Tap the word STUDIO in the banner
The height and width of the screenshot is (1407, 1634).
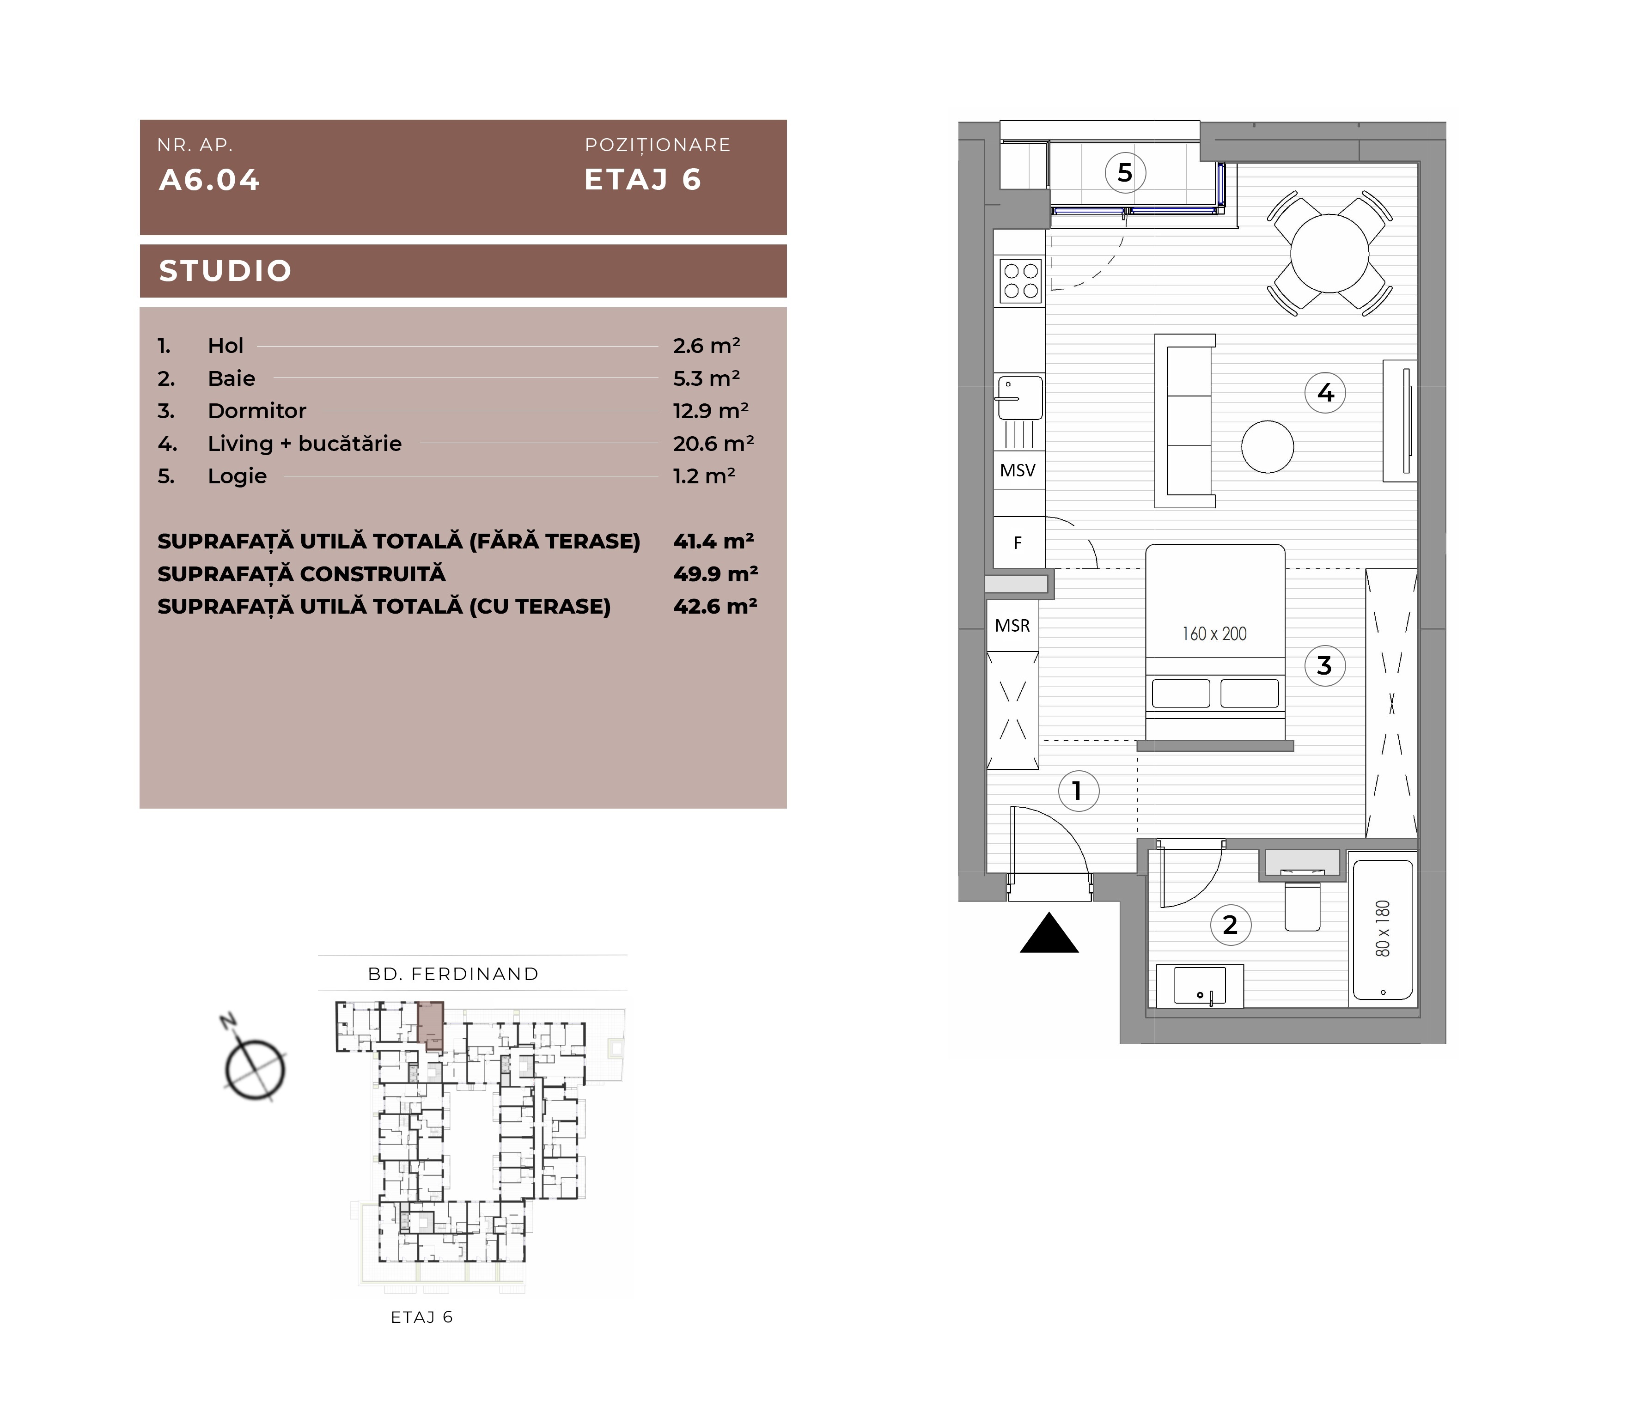[226, 271]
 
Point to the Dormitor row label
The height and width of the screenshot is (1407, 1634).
[257, 411]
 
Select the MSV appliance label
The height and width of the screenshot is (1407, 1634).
[1017, 471]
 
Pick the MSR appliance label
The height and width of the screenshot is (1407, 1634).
[1012, 626]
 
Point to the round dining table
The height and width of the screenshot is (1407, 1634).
[1329, 253]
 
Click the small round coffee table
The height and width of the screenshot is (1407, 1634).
[1267, 446]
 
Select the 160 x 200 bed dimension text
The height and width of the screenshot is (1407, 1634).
[1214, 633]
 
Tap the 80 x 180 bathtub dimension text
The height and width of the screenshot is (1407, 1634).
[1383, 928]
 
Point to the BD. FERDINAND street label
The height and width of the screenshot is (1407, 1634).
[453, 974]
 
